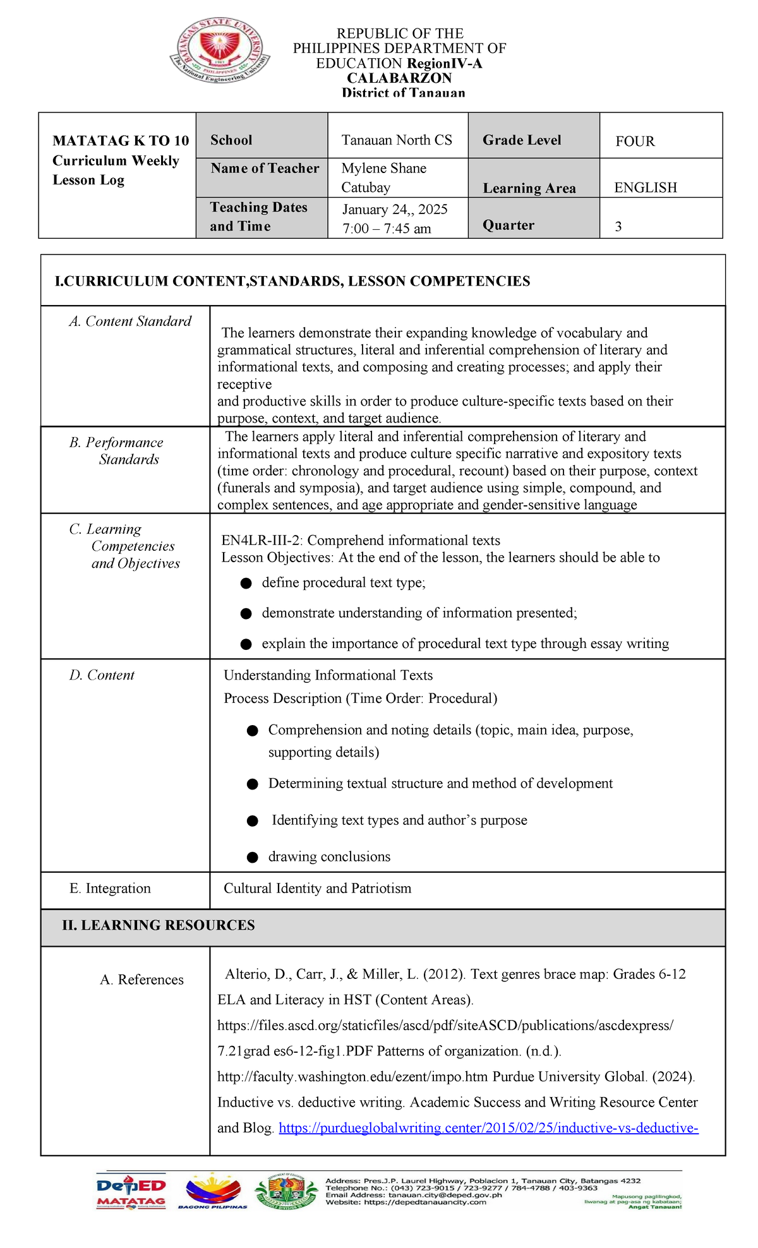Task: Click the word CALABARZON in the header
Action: click(x=399, y=78)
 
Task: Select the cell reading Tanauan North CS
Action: click(x=397, y=140)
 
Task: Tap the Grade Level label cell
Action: click(x=522, y=140)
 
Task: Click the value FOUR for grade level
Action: click(x=635, y=141)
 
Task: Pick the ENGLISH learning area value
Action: click(x=645, y=188)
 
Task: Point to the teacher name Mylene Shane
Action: click(x=383, y=169)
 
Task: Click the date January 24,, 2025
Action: click(x=395, y=210)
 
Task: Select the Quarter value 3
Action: click(x=618, y=227)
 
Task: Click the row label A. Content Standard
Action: click(x=130, y=321)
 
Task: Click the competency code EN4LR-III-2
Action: click(x=262, y=541)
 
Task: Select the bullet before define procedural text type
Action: click(x=246, y=584)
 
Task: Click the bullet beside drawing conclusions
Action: click(x=253, y=858)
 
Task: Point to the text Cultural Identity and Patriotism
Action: click(x=317, y=889)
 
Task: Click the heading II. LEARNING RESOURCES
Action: click(x=159, y=925)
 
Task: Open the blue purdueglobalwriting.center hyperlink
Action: click(x=488, y=1128)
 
